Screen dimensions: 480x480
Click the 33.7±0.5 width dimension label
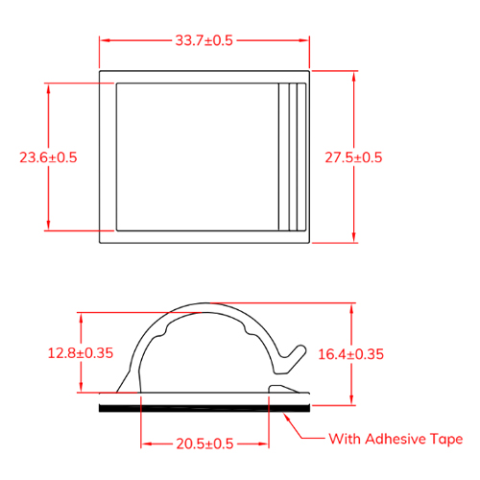pyautogui.click(x=204, y=40)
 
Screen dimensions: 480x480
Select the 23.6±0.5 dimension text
pyautogui.click(x=48, y=157)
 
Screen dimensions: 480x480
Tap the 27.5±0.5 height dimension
pyautogui.click(x=353, y=157)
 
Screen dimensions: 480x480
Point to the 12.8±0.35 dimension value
pyautogui.click(x=81, y=353)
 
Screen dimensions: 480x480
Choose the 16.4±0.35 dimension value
pyautogui.click(x=351, y=354)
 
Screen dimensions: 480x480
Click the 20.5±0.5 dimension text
pyautogui.click(x=204, y=444)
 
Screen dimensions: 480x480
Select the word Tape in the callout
pyautogui.click(x=446, y=440)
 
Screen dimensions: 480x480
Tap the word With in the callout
pyautogui.click(x=346, y=439)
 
